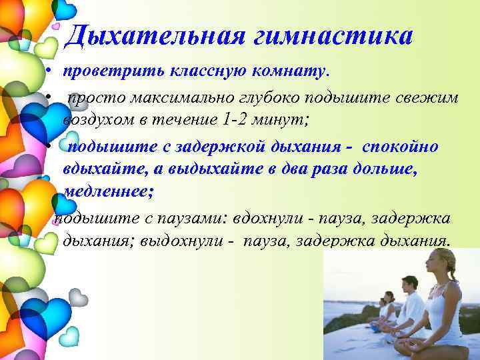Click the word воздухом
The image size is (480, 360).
pos(99,121)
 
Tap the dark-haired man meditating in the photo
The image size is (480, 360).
pos(409,300)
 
